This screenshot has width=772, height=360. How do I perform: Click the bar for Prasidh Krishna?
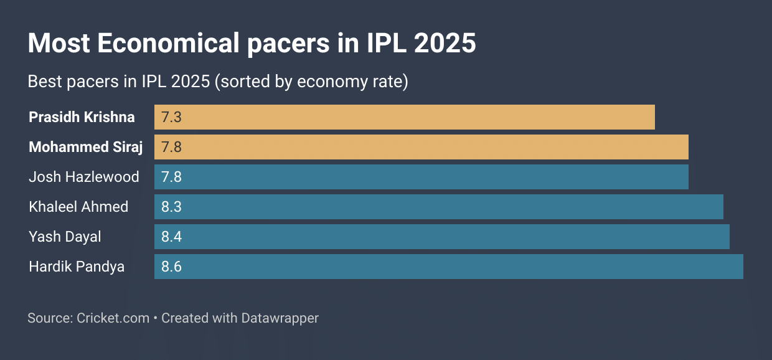(x=405, y=117)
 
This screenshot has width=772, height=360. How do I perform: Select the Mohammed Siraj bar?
(x=421, y=147)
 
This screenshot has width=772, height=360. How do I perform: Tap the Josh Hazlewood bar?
(x=421, y=177)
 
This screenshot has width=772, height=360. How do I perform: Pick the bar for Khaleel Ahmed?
(x=439, y=207)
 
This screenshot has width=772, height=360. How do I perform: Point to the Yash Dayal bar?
(x=442, y=237)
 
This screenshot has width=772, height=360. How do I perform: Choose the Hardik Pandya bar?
(x=449, y=267)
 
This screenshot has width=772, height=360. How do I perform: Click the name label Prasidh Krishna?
(x=82, y=117)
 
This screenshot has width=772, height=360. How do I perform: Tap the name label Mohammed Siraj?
(x=86, y=147)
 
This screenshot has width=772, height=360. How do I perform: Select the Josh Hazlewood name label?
(x=84, y=177)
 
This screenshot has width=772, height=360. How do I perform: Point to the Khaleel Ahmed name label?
(x=78, y=207)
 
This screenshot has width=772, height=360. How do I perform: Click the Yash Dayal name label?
(x=65, y=237)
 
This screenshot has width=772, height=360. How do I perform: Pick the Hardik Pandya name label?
(x=77, y=267)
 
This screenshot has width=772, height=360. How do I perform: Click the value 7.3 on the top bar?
(x=171, y=117)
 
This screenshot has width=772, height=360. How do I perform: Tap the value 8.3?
(x=171, y=207)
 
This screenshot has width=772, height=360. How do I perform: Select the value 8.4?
(x=171, y=237)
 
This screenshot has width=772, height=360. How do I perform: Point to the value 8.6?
(x=171, y=267)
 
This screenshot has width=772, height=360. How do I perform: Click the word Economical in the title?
(x=168, y=44)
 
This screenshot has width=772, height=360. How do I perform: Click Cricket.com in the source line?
(x=113, y=318)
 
